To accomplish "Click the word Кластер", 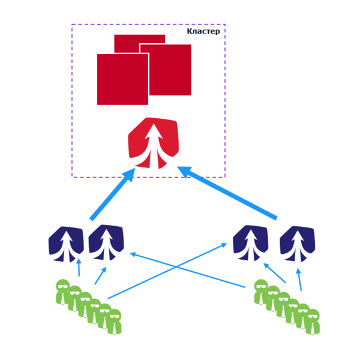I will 203,31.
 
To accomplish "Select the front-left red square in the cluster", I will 122,79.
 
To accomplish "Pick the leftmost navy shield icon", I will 66,244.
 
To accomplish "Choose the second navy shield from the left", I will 106,242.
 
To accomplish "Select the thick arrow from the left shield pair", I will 112,194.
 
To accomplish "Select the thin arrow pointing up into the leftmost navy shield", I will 79,268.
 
